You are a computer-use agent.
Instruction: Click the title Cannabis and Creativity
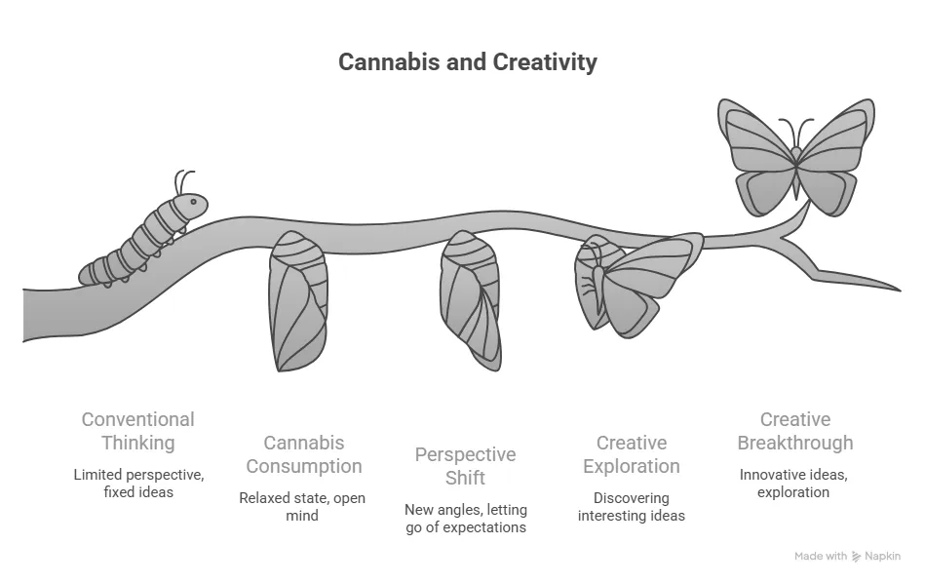point(467,62)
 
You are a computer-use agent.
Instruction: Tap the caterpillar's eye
point(193,202)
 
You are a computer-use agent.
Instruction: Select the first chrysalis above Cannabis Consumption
point(298,301)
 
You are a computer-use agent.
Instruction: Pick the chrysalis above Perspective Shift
point(470,301)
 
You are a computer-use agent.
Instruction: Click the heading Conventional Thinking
point(138,431)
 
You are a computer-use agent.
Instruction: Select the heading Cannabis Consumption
point(304,454)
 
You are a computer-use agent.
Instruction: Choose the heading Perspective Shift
point(466,466)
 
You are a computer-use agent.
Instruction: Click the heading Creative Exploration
point(632,454)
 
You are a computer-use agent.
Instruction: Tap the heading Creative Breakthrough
point(795,431)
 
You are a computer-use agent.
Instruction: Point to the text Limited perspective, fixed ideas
point(138,484)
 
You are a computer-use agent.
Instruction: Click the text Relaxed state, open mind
point(302,507)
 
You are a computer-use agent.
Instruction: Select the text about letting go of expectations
point(466,518)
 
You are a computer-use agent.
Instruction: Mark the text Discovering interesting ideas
point(632,507)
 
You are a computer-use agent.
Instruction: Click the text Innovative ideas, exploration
point(793,484)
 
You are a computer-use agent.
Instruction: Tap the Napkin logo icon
point(856,557)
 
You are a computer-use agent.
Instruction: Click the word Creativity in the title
point(545,62)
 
